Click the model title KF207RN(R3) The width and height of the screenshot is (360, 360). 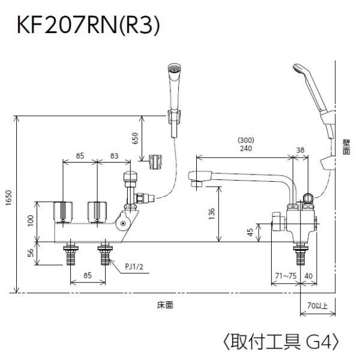point(88,26)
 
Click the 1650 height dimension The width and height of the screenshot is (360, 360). point(8,198)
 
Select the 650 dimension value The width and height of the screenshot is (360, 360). point(136,138)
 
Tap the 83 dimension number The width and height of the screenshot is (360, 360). point(115,156)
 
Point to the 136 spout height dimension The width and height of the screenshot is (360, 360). point(212,214)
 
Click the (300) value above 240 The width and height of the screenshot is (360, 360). point(246,140)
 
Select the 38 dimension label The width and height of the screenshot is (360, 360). point(301,150)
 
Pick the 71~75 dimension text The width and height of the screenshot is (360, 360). point(286,276)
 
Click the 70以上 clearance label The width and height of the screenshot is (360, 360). point(317,305)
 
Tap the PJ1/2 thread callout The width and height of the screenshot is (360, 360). point(134,266)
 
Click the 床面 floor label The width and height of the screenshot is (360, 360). point(165,305)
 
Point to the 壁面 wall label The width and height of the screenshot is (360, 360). point(346,147)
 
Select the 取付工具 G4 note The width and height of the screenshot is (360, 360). point(281,342)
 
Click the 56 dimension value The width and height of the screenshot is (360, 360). point(31,253)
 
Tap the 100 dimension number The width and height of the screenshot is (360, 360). point(31,221)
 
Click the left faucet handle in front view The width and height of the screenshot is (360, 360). point(63,212)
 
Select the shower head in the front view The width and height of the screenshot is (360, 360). point(174,87)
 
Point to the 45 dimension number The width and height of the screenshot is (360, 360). point(250,232)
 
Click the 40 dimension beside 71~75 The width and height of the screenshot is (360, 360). point(308,276)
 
